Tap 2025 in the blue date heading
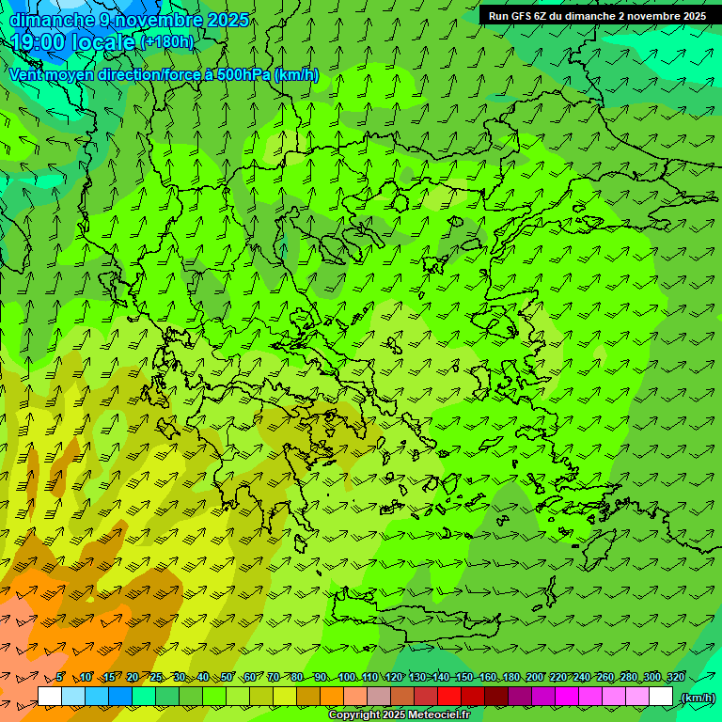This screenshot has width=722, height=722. point(228,20)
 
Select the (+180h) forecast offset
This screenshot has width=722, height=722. point(166,42)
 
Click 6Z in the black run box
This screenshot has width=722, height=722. point(541,16)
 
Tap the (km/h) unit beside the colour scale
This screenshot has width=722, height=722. point(697,698)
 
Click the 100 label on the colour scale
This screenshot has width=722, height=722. point(347,677)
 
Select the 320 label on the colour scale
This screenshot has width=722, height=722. point(676,677)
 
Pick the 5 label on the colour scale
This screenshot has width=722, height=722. point(59,677)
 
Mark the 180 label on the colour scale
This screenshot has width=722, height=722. point(511,677)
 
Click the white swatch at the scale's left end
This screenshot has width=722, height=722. point(50,697)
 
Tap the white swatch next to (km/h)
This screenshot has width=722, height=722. point(661,697)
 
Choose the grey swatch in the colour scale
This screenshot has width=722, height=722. point(379,697)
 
